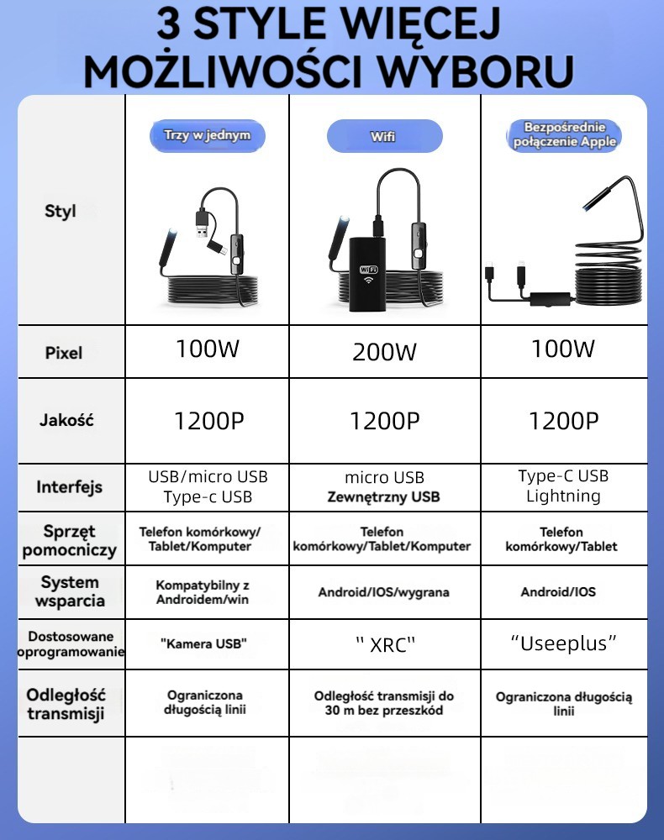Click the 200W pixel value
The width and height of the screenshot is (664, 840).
(384, 352)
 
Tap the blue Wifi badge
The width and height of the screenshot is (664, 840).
(384, 136)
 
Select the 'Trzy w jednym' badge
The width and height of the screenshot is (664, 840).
(208, 135)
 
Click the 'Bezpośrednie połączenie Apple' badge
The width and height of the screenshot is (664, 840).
(564, 135)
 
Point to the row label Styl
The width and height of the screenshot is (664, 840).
(61, 211)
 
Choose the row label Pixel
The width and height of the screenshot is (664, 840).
(64, 353)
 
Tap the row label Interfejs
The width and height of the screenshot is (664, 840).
(69, 487)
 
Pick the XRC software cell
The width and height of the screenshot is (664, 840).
(384, 644)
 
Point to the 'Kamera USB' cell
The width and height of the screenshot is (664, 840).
(203, 643)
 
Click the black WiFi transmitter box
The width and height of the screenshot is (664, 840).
(367, 273)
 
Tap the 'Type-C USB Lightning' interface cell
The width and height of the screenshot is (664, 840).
(564, 486)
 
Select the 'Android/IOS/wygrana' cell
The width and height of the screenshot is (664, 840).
(383, 592)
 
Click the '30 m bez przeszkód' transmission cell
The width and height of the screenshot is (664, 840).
(383, 703)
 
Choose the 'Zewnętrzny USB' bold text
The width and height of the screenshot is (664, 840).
(383, 497)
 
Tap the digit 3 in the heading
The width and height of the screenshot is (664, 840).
(171, 24)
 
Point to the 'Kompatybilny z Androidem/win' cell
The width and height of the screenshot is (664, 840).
(203, 591)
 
